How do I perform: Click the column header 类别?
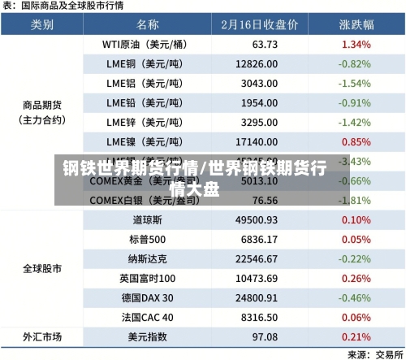(x=42, y=24)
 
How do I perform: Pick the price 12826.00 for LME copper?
(x=257, y=63)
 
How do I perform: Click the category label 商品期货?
(x=42, y=103)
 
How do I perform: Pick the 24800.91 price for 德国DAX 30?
(x=257, y=297)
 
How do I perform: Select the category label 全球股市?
(x=42, y=268)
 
